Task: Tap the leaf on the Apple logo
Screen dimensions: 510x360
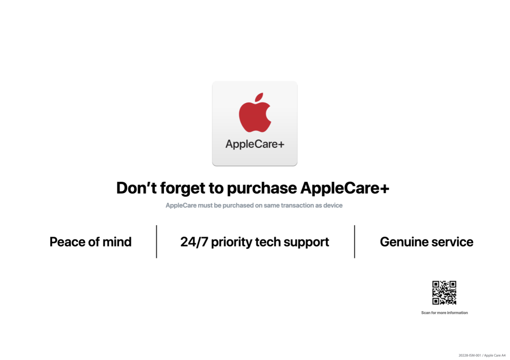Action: (259, 97)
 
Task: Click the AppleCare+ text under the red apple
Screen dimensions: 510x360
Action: (255, 144)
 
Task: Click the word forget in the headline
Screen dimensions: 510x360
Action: (182, 188)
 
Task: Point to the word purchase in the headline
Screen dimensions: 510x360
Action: (262, 188)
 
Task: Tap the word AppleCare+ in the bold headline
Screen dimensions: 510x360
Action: (345, 188)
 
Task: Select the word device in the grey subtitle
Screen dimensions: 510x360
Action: (333, 205)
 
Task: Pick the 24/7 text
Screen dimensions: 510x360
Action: (194, 241)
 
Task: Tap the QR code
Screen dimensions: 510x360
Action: (444, 293)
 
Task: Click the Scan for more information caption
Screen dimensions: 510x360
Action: (444, 313)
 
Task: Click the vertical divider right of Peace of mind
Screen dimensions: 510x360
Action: (156, 241)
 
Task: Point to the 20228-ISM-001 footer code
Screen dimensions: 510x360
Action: (470, 356)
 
